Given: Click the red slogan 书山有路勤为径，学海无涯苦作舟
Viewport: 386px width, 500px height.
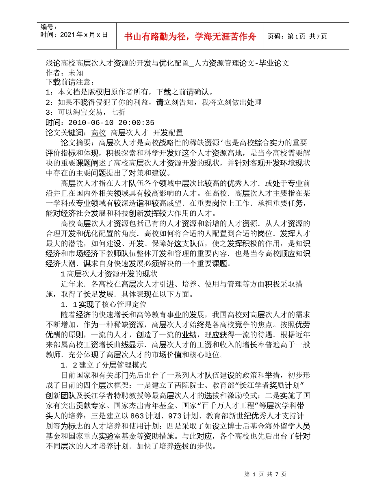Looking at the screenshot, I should click(x=190, y=37).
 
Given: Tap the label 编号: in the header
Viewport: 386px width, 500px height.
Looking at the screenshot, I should click(x=49, y=27).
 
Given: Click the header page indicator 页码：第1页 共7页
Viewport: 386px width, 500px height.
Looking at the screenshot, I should click(x=297, y=37).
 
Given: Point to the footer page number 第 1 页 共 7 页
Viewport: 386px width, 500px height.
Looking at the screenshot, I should click(x=266, y=474).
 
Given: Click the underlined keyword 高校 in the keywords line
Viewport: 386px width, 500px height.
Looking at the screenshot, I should click(x=98, y=133).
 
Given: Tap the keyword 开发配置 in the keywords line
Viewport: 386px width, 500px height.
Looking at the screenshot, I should click(x=168, y=133).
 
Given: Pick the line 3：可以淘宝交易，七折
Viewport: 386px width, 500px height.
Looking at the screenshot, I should click(x=86, y=112).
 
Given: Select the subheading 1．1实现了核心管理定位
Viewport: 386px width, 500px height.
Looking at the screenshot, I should click(x=103, y=304).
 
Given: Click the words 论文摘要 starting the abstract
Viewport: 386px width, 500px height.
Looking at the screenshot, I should click(x=74, y=142).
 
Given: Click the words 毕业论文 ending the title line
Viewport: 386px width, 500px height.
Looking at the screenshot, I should click(x=277, y=63).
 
